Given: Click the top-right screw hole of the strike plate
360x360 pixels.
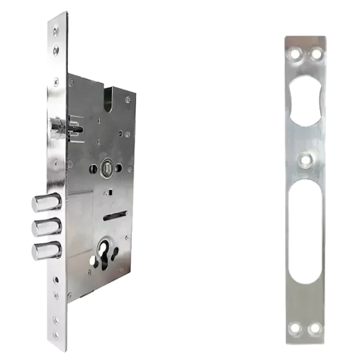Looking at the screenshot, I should [316, 55].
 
